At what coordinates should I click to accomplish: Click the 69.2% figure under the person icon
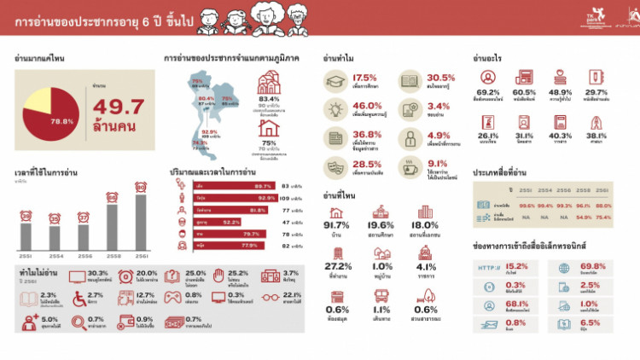pos(488,92)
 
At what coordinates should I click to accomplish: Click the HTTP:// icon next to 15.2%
pos(488,268)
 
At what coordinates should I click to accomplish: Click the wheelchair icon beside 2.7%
pos(72,298)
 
